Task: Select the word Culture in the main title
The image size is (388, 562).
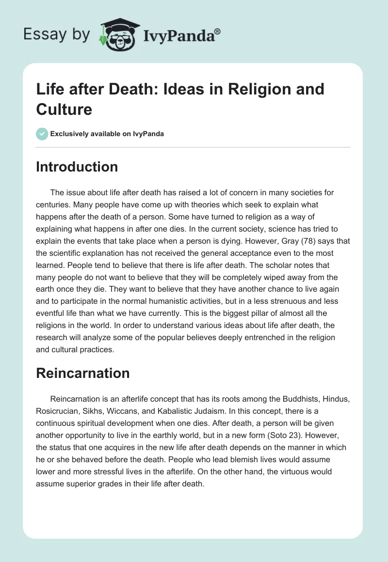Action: [64, 109]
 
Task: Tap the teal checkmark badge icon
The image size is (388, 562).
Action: [42, 134]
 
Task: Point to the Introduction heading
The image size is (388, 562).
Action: [77, 167]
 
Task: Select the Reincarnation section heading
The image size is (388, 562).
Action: [83, 373]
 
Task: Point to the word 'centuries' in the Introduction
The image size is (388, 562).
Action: [53, 205]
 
